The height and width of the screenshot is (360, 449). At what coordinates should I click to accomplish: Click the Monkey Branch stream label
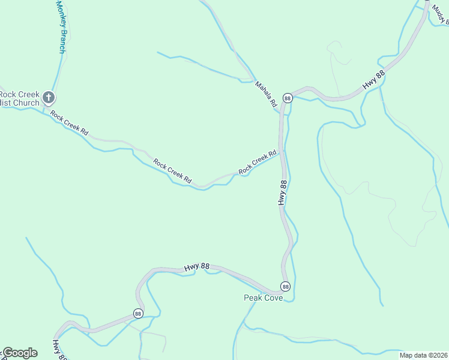pos(60,27)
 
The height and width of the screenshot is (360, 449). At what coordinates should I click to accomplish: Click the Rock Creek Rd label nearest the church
pos(69,123)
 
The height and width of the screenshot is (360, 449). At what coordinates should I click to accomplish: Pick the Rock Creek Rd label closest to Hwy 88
pos(258,163)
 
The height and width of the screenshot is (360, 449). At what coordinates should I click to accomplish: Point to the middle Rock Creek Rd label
pos(172,171)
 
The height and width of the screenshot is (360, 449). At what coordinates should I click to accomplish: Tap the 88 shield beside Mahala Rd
pos(288,98)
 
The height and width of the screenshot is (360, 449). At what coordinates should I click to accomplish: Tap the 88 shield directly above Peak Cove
pos(285,286)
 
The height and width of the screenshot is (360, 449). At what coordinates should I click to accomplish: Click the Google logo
pos(20,353)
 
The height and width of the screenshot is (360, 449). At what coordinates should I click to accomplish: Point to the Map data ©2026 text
pos(424,355)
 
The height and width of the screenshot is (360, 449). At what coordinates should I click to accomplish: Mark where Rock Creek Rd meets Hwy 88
pos(281,152)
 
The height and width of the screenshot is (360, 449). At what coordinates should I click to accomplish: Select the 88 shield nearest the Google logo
pos(138,313)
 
